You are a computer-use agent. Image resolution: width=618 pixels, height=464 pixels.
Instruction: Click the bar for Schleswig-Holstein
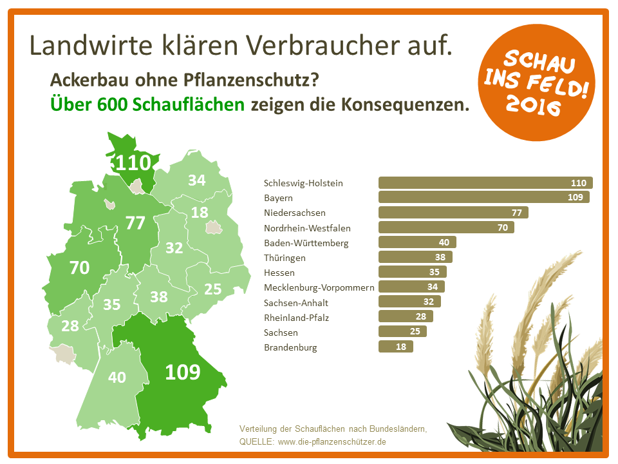[485, 183]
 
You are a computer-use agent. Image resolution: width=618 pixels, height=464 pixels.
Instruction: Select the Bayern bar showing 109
[483, 198]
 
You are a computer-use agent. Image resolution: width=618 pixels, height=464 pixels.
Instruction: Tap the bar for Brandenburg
[395, 347]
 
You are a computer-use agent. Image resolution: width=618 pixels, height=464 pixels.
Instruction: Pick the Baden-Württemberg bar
[417, 242]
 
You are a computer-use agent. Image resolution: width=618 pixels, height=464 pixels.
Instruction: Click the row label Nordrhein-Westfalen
[307, 227]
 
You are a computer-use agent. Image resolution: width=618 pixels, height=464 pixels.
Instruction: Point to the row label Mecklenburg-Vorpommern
[319, 287]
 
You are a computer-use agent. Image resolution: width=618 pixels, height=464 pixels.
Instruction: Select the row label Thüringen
[285, 258]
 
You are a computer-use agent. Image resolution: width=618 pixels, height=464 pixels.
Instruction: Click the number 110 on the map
[133, 162]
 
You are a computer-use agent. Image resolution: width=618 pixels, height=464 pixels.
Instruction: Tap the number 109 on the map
[183, 372]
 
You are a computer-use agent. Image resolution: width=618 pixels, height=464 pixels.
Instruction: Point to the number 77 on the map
[135, 223]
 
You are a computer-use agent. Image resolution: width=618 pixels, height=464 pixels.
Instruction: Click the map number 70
[79, 267]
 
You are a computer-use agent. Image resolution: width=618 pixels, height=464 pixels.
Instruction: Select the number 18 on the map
[200, 213]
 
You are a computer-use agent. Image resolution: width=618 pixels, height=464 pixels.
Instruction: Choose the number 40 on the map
[117, 377]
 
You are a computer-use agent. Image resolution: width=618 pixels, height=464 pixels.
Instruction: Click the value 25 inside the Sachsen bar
[415, 332]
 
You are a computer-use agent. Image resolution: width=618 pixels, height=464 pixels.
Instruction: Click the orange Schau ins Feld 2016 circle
[538, 83]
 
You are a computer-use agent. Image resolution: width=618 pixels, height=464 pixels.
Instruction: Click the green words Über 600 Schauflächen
[147, 104]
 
